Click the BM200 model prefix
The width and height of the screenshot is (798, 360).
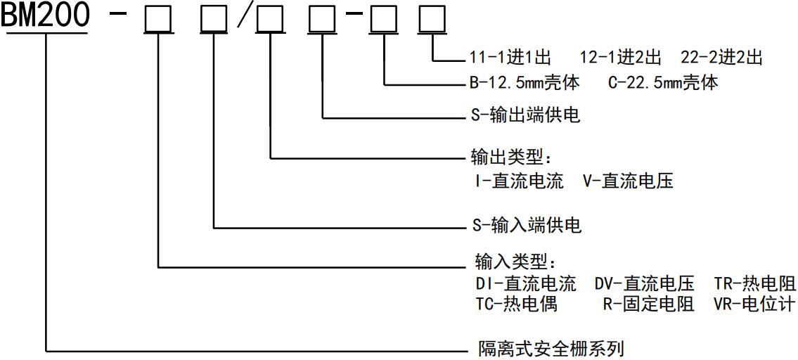[x=45, y=16]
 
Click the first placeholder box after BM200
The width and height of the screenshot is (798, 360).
[x=158, y=22]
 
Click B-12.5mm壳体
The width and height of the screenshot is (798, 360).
[x=525, y=83]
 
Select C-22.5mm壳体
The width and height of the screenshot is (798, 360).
[x=663, y=83]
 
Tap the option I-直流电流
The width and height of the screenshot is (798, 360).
[x=520, y=181]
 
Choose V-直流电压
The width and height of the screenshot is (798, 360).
[x=628, y=181]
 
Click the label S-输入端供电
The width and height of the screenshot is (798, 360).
[x=525, y=226]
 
